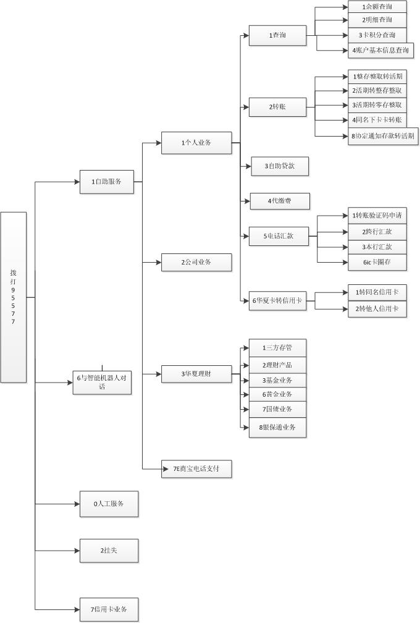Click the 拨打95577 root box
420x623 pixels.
(14, 297)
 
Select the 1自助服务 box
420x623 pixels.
(107, 182)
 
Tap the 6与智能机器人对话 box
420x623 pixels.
(102, 383)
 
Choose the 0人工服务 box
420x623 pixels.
(109, 504)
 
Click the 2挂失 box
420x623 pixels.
(109, 551)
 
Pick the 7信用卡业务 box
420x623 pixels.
(109, 609)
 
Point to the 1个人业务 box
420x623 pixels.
(196, 143)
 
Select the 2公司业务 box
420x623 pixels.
(196, 262)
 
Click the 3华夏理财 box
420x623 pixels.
(196, 374)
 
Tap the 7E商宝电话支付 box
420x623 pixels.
(196, 469)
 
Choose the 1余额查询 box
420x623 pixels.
(377, 7)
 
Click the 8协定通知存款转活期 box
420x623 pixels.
(383, 136)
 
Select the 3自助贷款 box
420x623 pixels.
(279, 166)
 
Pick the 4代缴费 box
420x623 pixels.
(279, 201)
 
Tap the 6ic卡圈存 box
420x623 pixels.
(377, 262)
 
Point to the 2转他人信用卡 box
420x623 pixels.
(377, 308)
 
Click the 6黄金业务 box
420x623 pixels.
(277, 394)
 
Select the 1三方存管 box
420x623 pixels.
(277, 348)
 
